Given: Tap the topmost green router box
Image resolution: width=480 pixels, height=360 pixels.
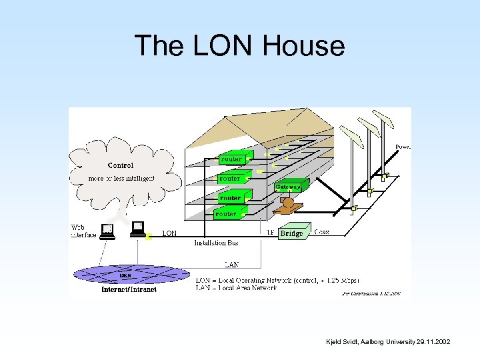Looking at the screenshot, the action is click(233, 159).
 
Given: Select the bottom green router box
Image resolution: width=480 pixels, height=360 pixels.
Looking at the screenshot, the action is click(227, 214).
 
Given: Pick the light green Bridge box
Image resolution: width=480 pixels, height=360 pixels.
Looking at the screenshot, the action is click(292, 233).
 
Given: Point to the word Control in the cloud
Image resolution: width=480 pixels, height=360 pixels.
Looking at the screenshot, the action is click(121, 165).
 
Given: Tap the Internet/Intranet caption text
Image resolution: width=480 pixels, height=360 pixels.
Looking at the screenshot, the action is click(129, 290).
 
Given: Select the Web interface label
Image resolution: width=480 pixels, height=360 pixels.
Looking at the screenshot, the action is click(84, 231).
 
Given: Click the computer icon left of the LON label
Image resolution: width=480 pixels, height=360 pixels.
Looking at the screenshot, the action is click(138, 229).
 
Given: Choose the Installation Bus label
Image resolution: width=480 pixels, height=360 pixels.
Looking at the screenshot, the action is click(216, 243).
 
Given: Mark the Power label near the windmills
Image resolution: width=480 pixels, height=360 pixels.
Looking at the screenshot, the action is click(403, 146).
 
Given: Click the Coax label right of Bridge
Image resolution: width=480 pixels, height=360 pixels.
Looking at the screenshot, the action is click(321, 233).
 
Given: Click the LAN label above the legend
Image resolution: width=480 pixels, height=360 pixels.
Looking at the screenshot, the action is click(231, 264).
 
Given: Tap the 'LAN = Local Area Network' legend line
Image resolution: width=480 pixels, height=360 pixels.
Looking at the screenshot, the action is click(246, 287).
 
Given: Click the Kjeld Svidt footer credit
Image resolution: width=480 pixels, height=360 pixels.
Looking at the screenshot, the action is click(388, 342).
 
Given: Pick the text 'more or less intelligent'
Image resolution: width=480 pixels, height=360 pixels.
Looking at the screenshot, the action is click(121, 178).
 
